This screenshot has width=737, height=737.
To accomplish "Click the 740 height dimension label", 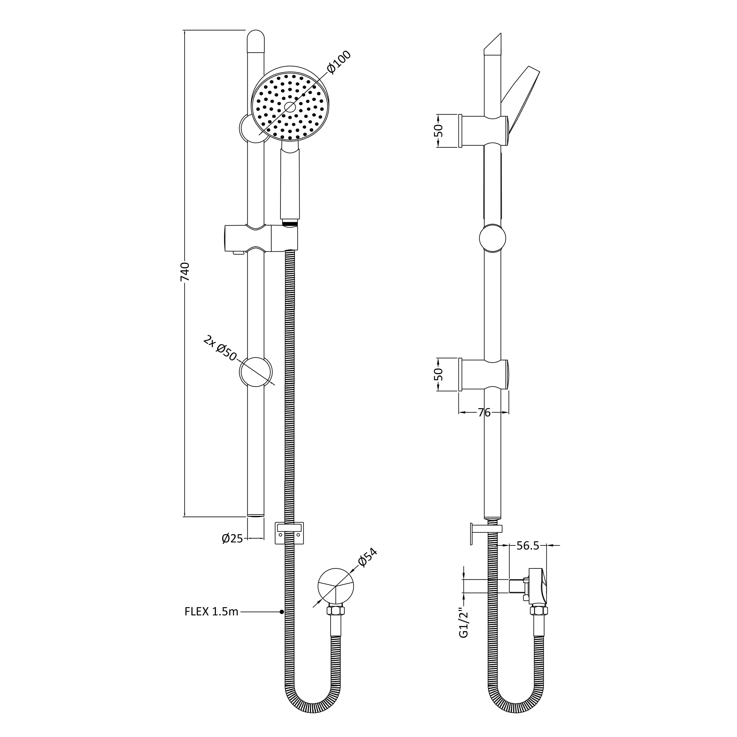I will pyautogui.click(x=185, y=272).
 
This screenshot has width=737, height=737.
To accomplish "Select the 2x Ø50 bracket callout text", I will pyautogui.click(x=220, y=348).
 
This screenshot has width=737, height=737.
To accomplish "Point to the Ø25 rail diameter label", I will pyautogui.click(x=232, y=538).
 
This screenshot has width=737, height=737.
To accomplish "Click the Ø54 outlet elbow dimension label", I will pyautogui.click(x=368, y=558).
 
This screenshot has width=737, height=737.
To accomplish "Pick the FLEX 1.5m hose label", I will pyautogui.click(x=211, y=612).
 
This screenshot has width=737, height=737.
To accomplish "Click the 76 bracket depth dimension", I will pyautogui.click(x=484, y=412).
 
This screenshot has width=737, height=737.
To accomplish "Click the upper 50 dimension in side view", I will pyautogui.click(x=439, y=131).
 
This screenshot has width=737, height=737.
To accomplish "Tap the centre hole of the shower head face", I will pyautogui.click(x=290, y=107).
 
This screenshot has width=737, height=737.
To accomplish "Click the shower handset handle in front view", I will pyautogui.click(x=290, y=183).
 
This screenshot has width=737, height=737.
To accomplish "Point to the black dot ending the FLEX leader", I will pyautogui.click(x=281, y=612).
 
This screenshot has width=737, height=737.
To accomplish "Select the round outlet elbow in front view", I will pyautogui.click(x=336, y=586).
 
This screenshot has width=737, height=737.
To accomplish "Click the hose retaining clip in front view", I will pyautogui.click(x=289, y=533).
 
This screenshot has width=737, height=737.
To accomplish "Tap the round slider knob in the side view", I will pyautogui.click(x=492, y=238).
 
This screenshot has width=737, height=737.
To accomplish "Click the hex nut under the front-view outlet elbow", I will pyautogui.click(x=336, y=610).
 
